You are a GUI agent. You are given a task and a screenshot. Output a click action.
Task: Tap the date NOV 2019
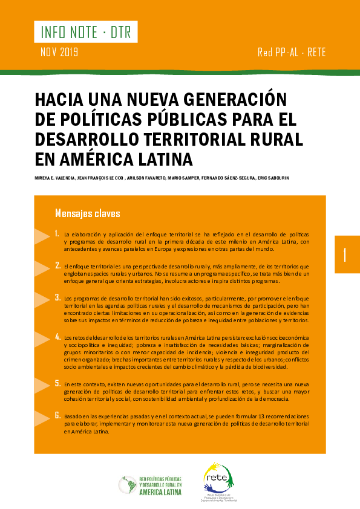coord(59,52)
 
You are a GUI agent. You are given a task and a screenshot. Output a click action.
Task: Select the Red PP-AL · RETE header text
coord(291,53)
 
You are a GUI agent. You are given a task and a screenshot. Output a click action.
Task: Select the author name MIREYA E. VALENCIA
coord(55,178)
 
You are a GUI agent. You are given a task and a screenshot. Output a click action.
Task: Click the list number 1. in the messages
coord(57,233)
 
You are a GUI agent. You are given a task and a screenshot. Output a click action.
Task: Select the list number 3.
coord(57,297)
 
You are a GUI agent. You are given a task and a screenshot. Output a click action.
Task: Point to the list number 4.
coord(57,335)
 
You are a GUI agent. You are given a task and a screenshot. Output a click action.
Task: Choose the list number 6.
coord(57,415)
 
